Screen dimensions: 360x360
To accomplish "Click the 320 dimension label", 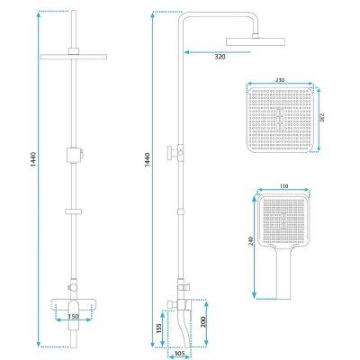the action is [x=220, y=57].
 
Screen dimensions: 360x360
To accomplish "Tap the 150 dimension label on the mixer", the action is [x=73, y=316].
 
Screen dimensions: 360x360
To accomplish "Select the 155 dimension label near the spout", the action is [x=159, y=328].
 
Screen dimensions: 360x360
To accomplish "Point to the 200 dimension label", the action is [x=202, y=322].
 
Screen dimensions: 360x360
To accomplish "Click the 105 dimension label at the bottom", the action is [x=179, y=354].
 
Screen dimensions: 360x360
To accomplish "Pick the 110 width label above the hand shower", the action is [x=283, y=186].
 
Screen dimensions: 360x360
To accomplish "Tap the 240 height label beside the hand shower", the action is [x=251, y=241].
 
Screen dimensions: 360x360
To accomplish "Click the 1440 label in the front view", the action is [x=33, y=159].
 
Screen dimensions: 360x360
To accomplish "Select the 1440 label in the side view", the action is [x=147, y=159].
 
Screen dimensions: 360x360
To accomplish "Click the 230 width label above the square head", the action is [x=280, y=80].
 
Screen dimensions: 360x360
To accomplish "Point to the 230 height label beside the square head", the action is [x=321, y=117].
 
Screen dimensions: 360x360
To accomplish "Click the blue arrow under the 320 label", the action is [x=217, y=52].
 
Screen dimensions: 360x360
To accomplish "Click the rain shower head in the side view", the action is [x=256, y=41].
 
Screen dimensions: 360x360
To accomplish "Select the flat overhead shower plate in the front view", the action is [x=74, y=57].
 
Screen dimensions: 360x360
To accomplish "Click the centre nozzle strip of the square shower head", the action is [x=280, y=120].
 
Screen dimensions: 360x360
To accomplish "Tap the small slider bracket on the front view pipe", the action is [x=74, y=211].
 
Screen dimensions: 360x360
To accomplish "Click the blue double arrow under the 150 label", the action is [x=74, y=320].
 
